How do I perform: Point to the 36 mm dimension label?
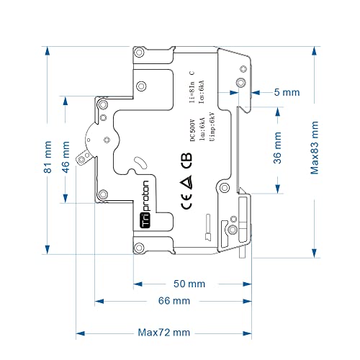pos(276,150)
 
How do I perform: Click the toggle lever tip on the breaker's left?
pos(81,158)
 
